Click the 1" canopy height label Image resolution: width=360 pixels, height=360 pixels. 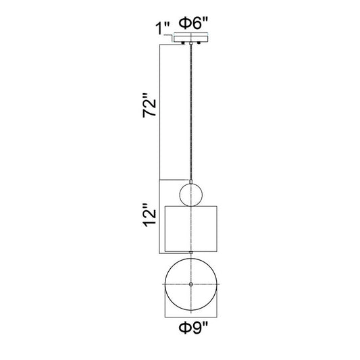pos(162,28)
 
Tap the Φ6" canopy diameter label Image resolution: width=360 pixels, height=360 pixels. pos(193,23)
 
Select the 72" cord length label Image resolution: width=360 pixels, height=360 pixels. pos(149,105)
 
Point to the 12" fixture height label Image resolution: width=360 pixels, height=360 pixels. pos(149,215)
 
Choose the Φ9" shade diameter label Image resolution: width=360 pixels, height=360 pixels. pos(193,327)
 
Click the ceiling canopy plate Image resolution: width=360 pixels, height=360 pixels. pos(191,37)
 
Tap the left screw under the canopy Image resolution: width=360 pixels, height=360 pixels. pos(183,43)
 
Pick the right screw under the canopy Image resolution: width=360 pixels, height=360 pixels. pos(199,43)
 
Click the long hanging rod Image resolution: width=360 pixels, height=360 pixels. pos(190,112)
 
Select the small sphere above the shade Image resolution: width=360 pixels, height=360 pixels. pos(190,195)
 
